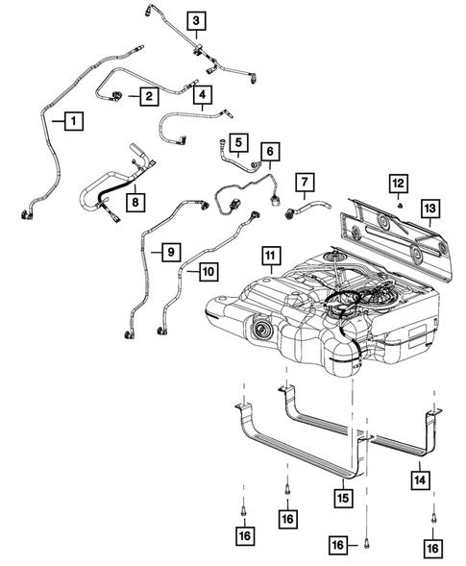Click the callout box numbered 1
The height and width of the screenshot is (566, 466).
(x=72, y=121)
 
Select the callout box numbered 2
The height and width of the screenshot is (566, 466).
(x=149, y=95)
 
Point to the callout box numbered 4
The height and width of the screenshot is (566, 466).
(x=201, y=94)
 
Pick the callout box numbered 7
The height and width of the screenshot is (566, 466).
(x=305, y=182)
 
